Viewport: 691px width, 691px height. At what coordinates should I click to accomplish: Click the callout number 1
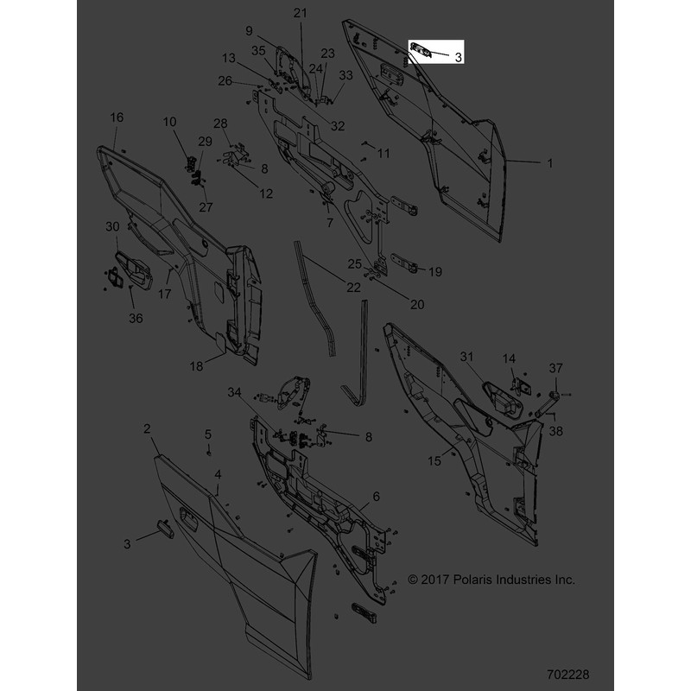coord(550,163)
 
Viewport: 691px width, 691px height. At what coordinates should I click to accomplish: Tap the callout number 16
coord(117,117)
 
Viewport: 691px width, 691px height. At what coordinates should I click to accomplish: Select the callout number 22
coord(353,288)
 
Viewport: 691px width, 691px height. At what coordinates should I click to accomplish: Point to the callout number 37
coord(555,368)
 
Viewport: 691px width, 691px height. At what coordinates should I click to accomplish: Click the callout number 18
coord(196,366)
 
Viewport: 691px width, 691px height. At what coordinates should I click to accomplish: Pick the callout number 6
coord(376,497)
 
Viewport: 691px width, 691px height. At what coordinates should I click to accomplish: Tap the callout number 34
coord(234,392)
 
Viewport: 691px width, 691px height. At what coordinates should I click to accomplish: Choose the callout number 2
coord(147,428)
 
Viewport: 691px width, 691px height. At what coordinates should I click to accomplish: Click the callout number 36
coord(136,318)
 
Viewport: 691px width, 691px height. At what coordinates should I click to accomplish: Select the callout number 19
coord(435,272)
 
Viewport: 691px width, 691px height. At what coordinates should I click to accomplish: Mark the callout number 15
coord(434,461)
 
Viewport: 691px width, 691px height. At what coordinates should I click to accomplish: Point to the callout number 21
coord(300,13)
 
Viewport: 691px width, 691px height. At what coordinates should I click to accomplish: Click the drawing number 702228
coord(567,675)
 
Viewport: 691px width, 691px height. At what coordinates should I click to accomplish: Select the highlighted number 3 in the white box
coord(459,57)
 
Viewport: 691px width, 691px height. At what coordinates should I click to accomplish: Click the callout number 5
coord(208,434)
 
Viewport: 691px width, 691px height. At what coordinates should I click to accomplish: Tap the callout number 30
coord(112,226)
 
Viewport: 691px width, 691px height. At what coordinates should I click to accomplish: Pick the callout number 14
coord(509,358)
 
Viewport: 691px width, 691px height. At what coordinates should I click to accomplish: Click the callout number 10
coord(169,122)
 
